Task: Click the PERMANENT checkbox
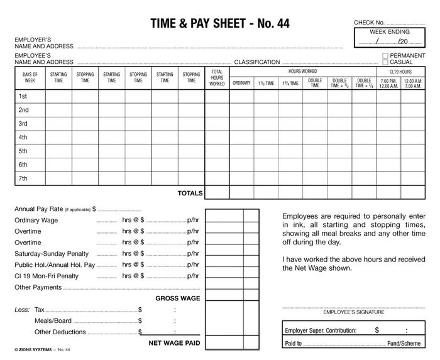(385, 55)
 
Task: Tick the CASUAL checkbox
(385, 62)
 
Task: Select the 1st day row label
(23, 96)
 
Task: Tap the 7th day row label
(23, 178)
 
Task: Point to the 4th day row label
(23, 137)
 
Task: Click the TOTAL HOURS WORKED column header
(217, 78)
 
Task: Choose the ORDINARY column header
(241, 83)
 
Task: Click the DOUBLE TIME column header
(315, 83)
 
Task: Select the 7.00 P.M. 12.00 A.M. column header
(389, 83)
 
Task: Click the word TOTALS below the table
(190, 193)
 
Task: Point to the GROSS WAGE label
(178, 298)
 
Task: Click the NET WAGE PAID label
(174, 343)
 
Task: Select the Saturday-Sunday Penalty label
(52, 254)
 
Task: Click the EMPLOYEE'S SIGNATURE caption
(349, 312)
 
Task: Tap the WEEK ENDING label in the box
(389, 31)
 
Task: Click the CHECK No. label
(369, 23)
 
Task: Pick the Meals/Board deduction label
(53, 320)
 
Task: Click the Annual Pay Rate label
(38, 209)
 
